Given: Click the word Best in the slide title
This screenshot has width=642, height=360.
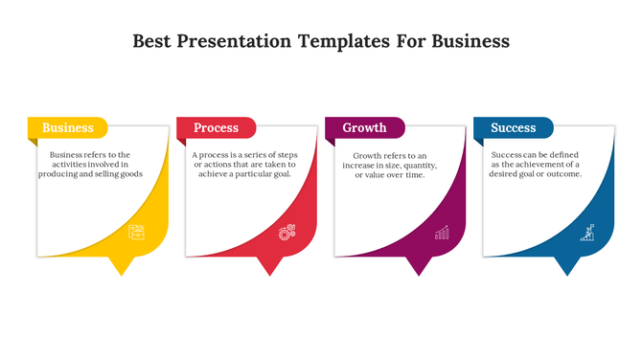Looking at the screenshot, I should (152, 42).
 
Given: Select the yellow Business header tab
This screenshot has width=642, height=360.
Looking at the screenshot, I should (67, 127).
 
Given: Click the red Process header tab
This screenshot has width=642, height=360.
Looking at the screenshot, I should (216, 127).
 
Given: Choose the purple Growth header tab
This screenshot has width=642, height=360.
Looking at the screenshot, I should (364, 127).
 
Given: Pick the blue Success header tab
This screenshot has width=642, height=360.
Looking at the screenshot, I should (513, 127).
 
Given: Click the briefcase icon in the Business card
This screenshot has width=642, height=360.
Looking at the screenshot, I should (137, 232).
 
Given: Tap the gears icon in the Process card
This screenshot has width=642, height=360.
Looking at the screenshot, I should (286, 232).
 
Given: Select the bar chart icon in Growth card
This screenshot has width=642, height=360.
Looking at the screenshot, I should (442, 232).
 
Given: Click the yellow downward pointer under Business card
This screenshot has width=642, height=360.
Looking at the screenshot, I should (121, 266).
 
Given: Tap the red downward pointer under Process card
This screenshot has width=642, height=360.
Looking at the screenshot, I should (269, 266).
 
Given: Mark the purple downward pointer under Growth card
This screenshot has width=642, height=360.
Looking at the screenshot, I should (418, 266).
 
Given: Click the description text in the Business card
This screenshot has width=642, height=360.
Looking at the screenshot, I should (96, 164).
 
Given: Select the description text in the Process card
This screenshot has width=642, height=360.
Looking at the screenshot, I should (243, 164).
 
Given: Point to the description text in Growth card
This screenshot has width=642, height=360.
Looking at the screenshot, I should (389, 165).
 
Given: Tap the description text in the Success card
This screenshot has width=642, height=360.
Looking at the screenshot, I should (537, 164).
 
